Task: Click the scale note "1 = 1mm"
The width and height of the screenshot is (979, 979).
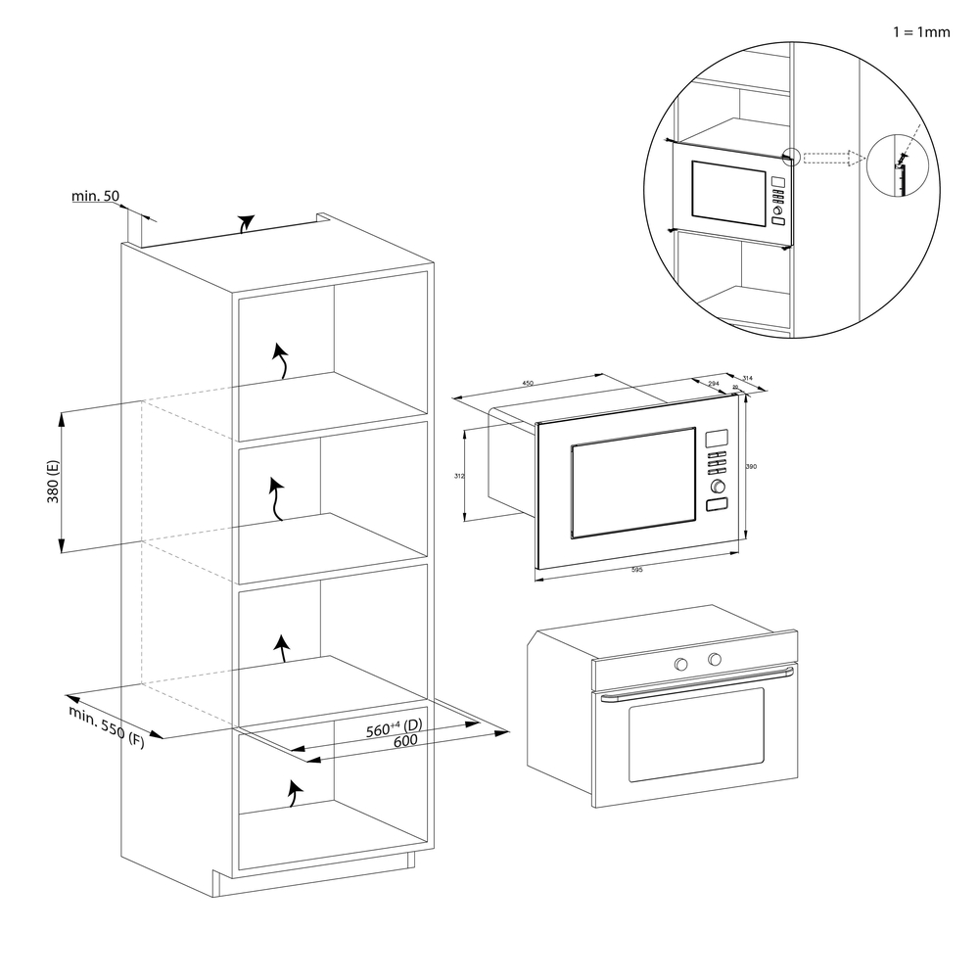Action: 921,31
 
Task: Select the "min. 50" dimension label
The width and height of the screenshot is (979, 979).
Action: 95,197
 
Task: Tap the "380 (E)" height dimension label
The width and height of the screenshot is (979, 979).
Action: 53,481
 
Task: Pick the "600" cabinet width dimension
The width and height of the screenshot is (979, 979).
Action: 405,741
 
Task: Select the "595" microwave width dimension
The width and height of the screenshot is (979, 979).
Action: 636,570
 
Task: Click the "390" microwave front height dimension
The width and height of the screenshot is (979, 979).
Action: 752,467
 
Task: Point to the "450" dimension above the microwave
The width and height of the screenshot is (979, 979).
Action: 528,384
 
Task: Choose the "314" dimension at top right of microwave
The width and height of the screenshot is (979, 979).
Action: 748,378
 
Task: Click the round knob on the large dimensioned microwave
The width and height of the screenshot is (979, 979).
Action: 719,486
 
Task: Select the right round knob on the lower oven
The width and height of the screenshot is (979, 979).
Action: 715,659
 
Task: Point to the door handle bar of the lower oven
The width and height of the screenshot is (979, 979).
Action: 695,682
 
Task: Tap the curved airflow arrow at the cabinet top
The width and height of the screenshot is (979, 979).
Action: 246,223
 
